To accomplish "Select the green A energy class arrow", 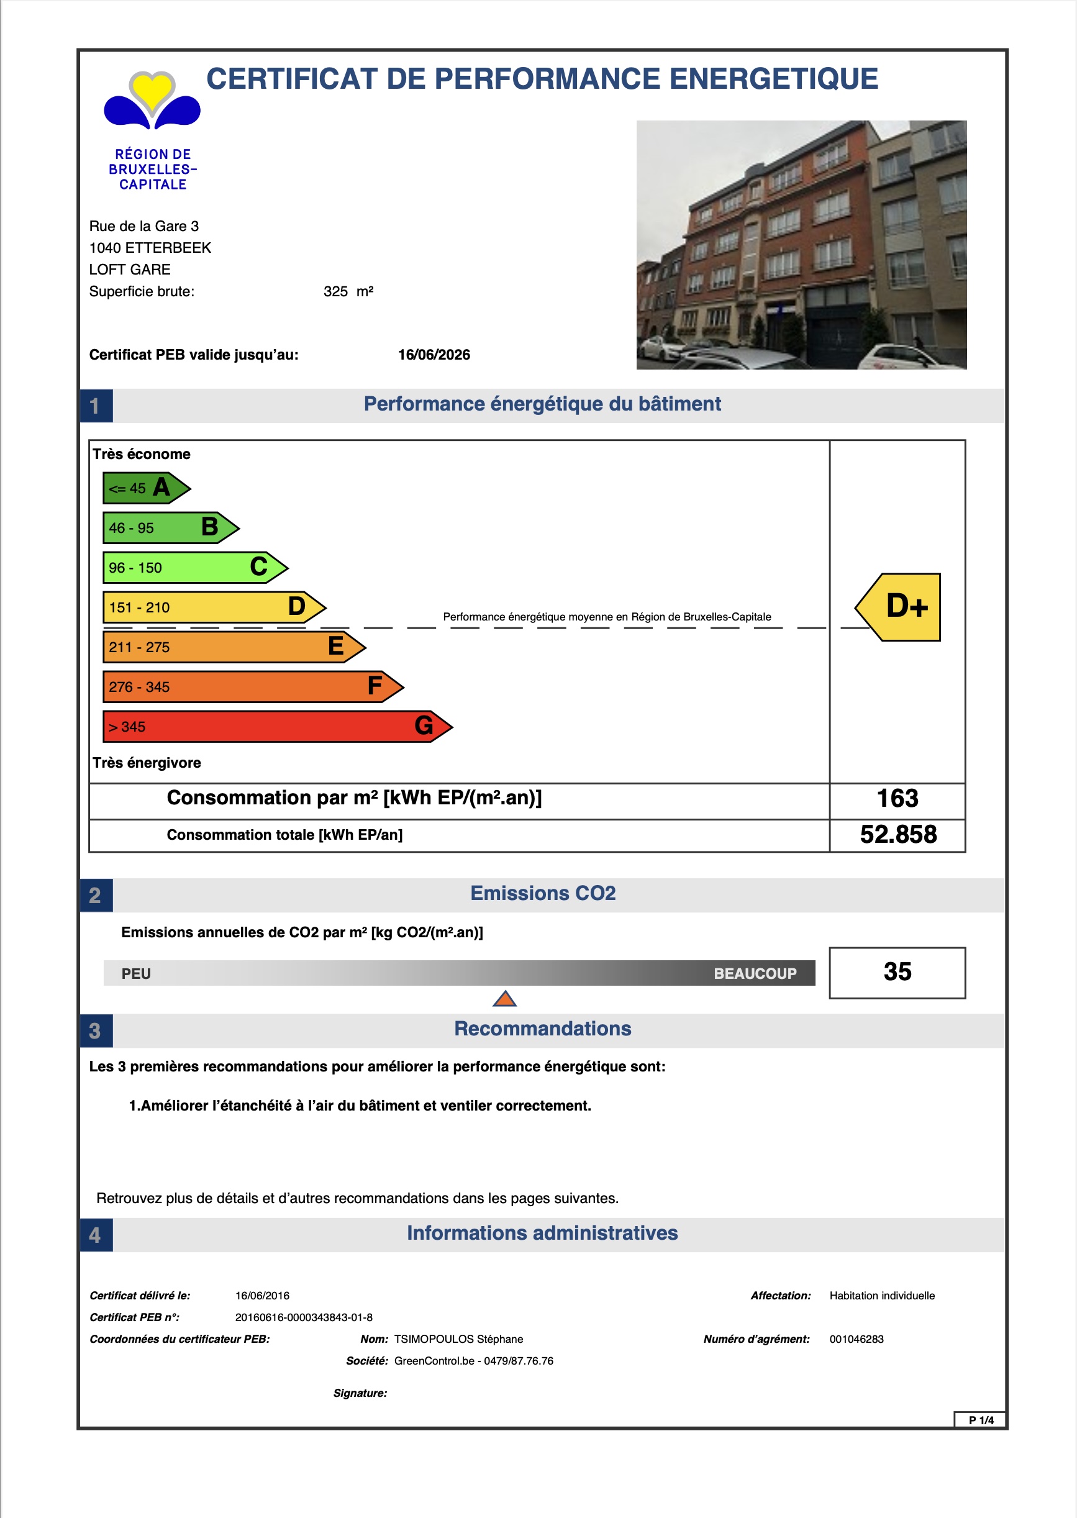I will [146, 488].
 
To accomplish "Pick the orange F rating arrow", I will [252, 686].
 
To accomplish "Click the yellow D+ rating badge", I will [901, 607].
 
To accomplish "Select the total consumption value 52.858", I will [898, 834].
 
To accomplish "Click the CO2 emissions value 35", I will [897, 971].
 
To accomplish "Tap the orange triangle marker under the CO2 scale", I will [505, 999].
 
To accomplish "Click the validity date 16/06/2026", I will [434, 355].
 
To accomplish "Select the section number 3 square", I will [96, 1030].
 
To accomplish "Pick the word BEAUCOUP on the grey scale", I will [755, 973].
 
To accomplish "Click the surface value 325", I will [335, 292].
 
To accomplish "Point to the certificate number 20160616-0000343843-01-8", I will [304, 1317].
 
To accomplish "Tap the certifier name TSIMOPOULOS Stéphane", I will [458, 1339].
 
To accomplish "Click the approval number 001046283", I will [856, 1339].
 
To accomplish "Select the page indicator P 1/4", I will [980, 1420].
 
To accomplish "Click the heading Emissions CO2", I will [542, 893].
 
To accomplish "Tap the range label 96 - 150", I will [135, 568].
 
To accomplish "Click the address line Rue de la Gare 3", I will [144, 226].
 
